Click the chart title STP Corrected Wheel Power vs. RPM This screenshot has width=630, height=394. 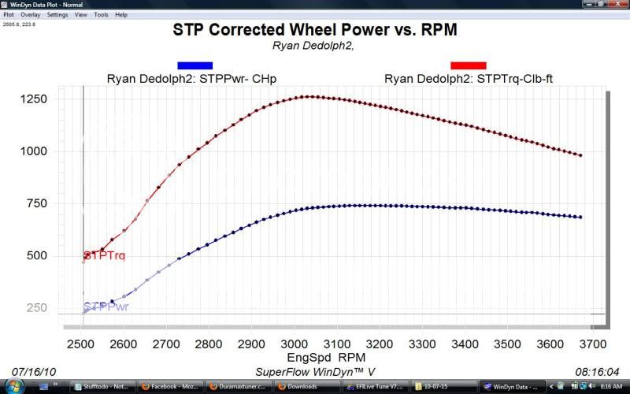(314, 30)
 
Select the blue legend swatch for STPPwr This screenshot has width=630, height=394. (195, 65)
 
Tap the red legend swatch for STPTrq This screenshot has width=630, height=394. (468, 65)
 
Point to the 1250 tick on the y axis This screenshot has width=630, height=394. (35, 99)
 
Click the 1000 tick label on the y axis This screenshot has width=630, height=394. (35, 151)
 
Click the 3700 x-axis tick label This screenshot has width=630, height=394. (591, 344)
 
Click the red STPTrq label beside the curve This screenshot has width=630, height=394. (104, 256)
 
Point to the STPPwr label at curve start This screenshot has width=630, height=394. (104, 306)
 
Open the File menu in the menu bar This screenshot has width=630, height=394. (9, 15)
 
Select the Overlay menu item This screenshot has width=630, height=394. (31, 15)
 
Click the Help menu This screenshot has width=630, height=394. (120, 15)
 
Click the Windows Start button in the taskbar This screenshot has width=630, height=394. (9, 386)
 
